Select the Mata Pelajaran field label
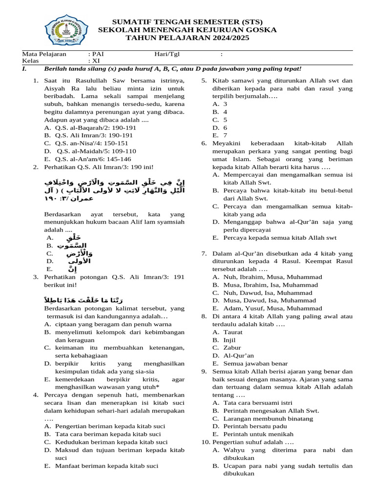click(44, 54)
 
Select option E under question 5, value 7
click(225, 135)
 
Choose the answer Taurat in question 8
click(233, 332)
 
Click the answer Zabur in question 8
click(232, 348)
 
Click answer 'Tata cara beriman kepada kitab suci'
click(108, 434)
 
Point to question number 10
click(206, 442)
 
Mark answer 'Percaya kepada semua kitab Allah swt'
click(280, 238)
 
